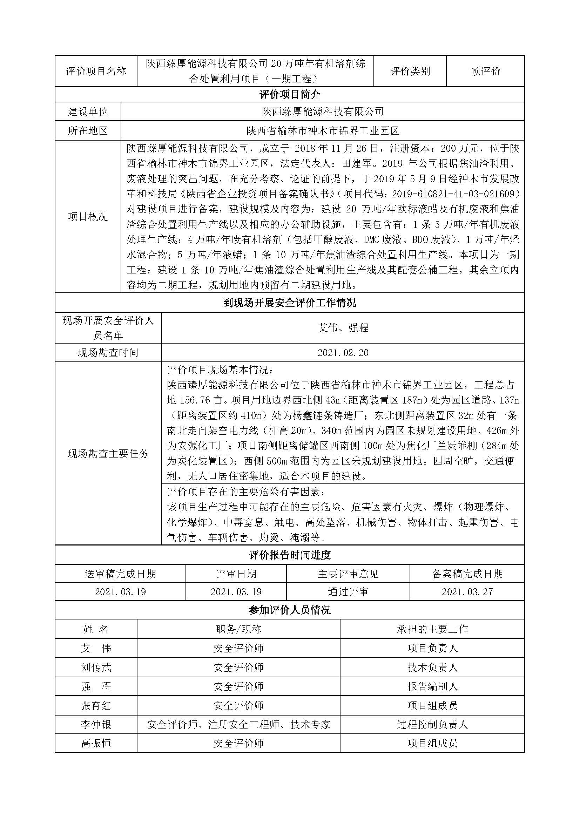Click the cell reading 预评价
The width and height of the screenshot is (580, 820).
pyautogui.click(x=485, y=71)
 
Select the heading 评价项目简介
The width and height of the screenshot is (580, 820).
pyautogui.click(x=290, y=95)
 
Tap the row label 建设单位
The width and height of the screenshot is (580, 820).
pyautogui.click(x=88, y=112)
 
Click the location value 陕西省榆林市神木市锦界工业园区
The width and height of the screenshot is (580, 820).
pyautogui.click(x=323, y=131)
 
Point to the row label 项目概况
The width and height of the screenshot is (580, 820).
pyautogui.click(x=88, y=216)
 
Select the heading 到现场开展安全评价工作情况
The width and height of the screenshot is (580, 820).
pyautogui.click(x=290, y=303)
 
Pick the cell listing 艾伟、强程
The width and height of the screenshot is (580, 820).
pyautogui.click(x=343, y=328)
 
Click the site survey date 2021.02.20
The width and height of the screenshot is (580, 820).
pyautogui.click(x=343, y=353)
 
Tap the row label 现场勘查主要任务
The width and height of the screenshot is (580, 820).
pyautogui.click(x=108, y=454)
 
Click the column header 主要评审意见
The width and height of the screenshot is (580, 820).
pyautogui.click(x=348, y=574)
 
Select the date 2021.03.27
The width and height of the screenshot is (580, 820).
pyautogui.click(x=467, y=592)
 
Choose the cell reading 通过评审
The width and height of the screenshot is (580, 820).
pyautogui.click(x=348, y=592)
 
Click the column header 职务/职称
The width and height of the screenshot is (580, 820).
pyautogui.click(x=238, y=629)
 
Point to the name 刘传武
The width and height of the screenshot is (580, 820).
pyautogui.click(x=96, y=667)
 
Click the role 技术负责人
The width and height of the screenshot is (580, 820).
pyautogui.click(x=432, y=667)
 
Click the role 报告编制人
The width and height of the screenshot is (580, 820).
pyautogui.click(x=432, y=686)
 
